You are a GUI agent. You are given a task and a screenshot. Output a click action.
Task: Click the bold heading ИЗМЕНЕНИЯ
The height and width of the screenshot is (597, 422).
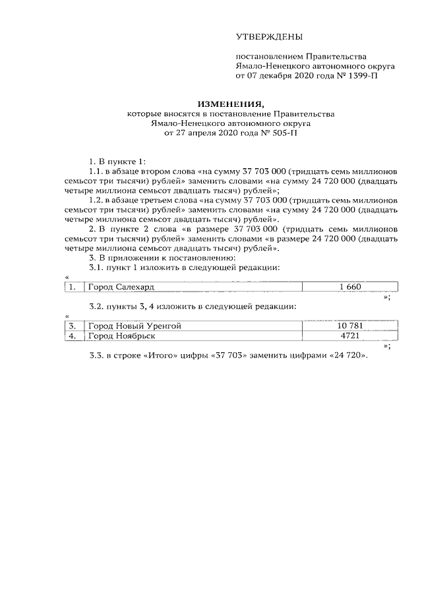pyautogui.click(x=231, y=104)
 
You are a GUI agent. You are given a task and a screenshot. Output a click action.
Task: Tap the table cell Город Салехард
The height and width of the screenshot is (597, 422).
pyautogui.click(x=116, y=288)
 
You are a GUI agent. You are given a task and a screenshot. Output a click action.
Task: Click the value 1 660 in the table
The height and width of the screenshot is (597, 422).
pyautogui.click(x=350, y=288)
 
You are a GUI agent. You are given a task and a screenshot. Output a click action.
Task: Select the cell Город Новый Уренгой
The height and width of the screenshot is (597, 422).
pyautogui.click(x=135, y=326)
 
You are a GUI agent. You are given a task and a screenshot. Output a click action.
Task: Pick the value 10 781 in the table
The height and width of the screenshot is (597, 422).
pyautogui.click(x=350, y=326)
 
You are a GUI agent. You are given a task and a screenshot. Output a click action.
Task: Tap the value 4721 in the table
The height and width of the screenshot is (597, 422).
pyautogui.click(x=350, y=336)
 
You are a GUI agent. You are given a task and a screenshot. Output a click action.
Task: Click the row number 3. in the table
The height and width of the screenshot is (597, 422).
pyautogui.click(x=73, y=326)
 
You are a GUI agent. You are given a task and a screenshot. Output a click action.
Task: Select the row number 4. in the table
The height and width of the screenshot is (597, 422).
pyautogui.click(x=73, y=336)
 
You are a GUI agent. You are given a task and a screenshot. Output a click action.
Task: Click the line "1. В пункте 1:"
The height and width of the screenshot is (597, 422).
pyautogui.click(x=117, y=162)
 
